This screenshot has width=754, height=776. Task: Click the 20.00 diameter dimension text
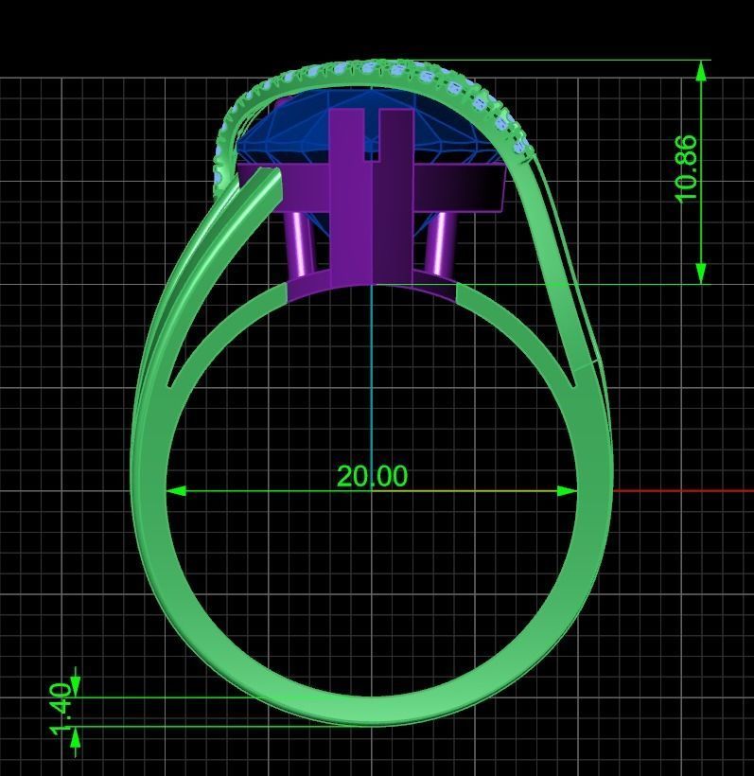[x=372, y=476]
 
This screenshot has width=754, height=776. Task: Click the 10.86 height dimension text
[x=687, y=168]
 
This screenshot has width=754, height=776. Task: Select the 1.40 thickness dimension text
[x=60, y=709]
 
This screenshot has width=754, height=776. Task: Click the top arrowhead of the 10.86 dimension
[x=701, y=72]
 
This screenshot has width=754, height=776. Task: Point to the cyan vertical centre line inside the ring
[x=372, y=379]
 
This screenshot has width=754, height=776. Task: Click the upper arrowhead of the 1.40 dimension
[x=76, y=684]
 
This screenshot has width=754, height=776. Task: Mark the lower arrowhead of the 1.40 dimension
[x=76, y=739]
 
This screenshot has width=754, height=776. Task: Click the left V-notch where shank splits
[x=171, y=384]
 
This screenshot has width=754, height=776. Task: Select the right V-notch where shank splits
[x=573, y=384]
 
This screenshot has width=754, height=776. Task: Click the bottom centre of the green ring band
[x=372, y=712]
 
